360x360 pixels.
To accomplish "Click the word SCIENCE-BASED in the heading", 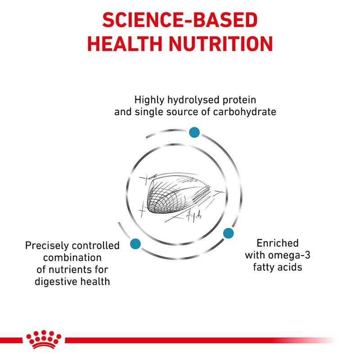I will pos(180,21).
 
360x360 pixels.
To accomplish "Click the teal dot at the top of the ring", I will pos(194,132).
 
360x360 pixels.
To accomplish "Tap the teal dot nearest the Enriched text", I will pos(228,233).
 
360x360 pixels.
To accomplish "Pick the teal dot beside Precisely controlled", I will pos(134,244).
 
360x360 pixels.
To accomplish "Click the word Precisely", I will pos(46,246).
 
